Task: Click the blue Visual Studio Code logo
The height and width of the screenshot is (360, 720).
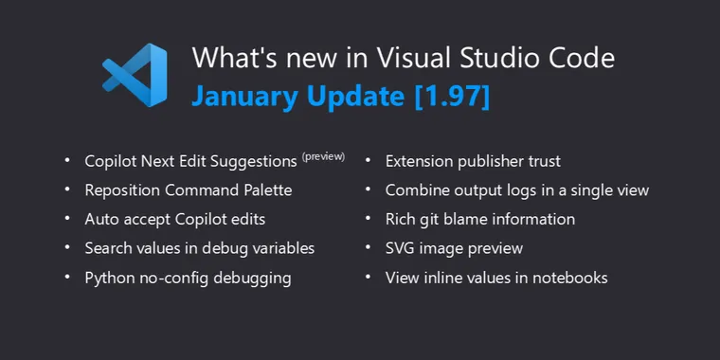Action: tap(135, 76)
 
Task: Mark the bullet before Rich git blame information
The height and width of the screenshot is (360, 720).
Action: tap(368, 219)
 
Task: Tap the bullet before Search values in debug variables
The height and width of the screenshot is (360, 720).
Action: tap(66, 248)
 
